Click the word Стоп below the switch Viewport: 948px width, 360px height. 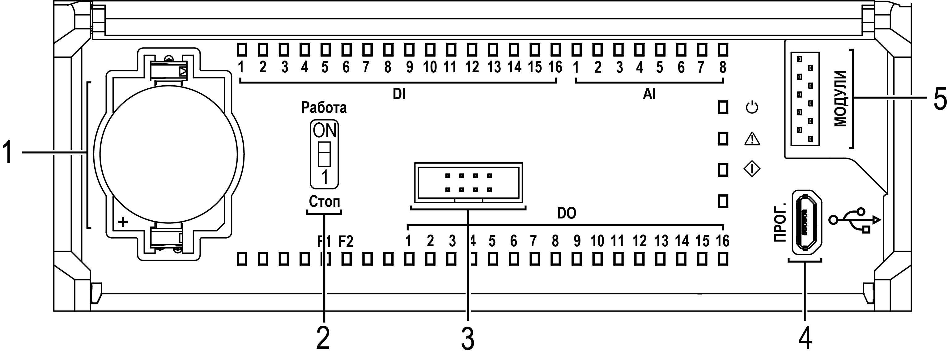point(324,202)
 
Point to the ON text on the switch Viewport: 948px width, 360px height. point(324,131)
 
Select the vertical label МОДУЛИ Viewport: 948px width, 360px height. point(840,99)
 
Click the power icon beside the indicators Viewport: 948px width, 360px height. point(752,108)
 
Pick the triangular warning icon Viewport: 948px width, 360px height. point(752,139)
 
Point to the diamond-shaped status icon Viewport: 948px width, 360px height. point(752,169)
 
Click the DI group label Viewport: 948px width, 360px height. point(399,95)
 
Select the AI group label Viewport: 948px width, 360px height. point(649,95)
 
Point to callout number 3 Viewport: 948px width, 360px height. point(468,339)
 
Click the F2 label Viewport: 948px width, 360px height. point(346,241)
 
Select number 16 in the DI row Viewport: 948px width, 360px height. point(555,67)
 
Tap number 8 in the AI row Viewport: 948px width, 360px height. point(723,67)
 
